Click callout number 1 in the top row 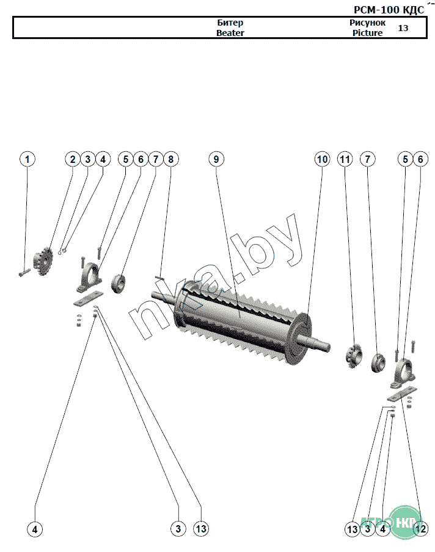[27, 159]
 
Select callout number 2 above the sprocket [73, 159]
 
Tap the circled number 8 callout [171, 159]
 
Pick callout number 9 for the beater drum [216, 159]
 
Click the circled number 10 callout [322, 159]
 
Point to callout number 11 [345, 159]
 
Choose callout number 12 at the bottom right [420, 528]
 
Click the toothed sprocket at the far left [43, 261]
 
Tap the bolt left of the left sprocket [24, 272]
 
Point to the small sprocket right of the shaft [353, 357]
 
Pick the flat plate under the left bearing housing [88, 298]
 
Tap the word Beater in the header [230, 33]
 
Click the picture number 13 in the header [403, 28]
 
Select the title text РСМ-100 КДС [389, 10]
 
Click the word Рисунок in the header [367, 23]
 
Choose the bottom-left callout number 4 [35, 529]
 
